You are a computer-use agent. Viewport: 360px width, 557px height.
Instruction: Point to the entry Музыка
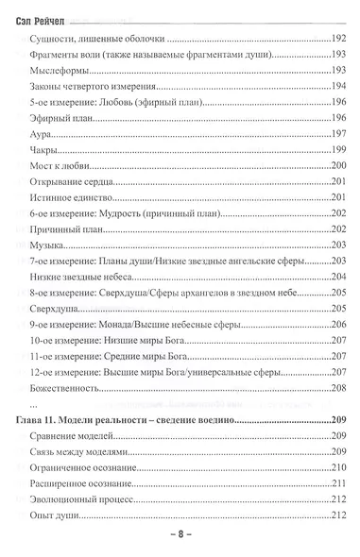[x=54, y=244]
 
